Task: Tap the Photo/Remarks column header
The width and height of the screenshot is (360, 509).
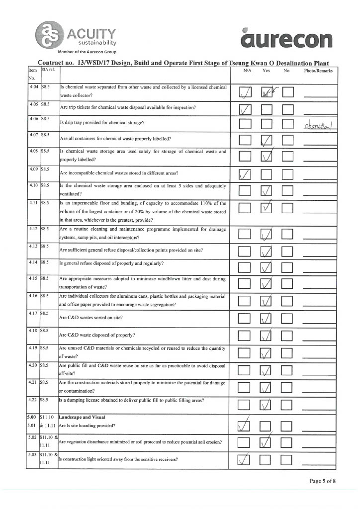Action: click(x=318, y=72)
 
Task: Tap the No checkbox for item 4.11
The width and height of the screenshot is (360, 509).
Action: click(x=289, y=208)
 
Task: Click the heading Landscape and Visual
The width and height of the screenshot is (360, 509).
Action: click(x=81, y=417)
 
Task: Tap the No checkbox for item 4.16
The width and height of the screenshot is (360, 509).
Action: click(x=289, y=301)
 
